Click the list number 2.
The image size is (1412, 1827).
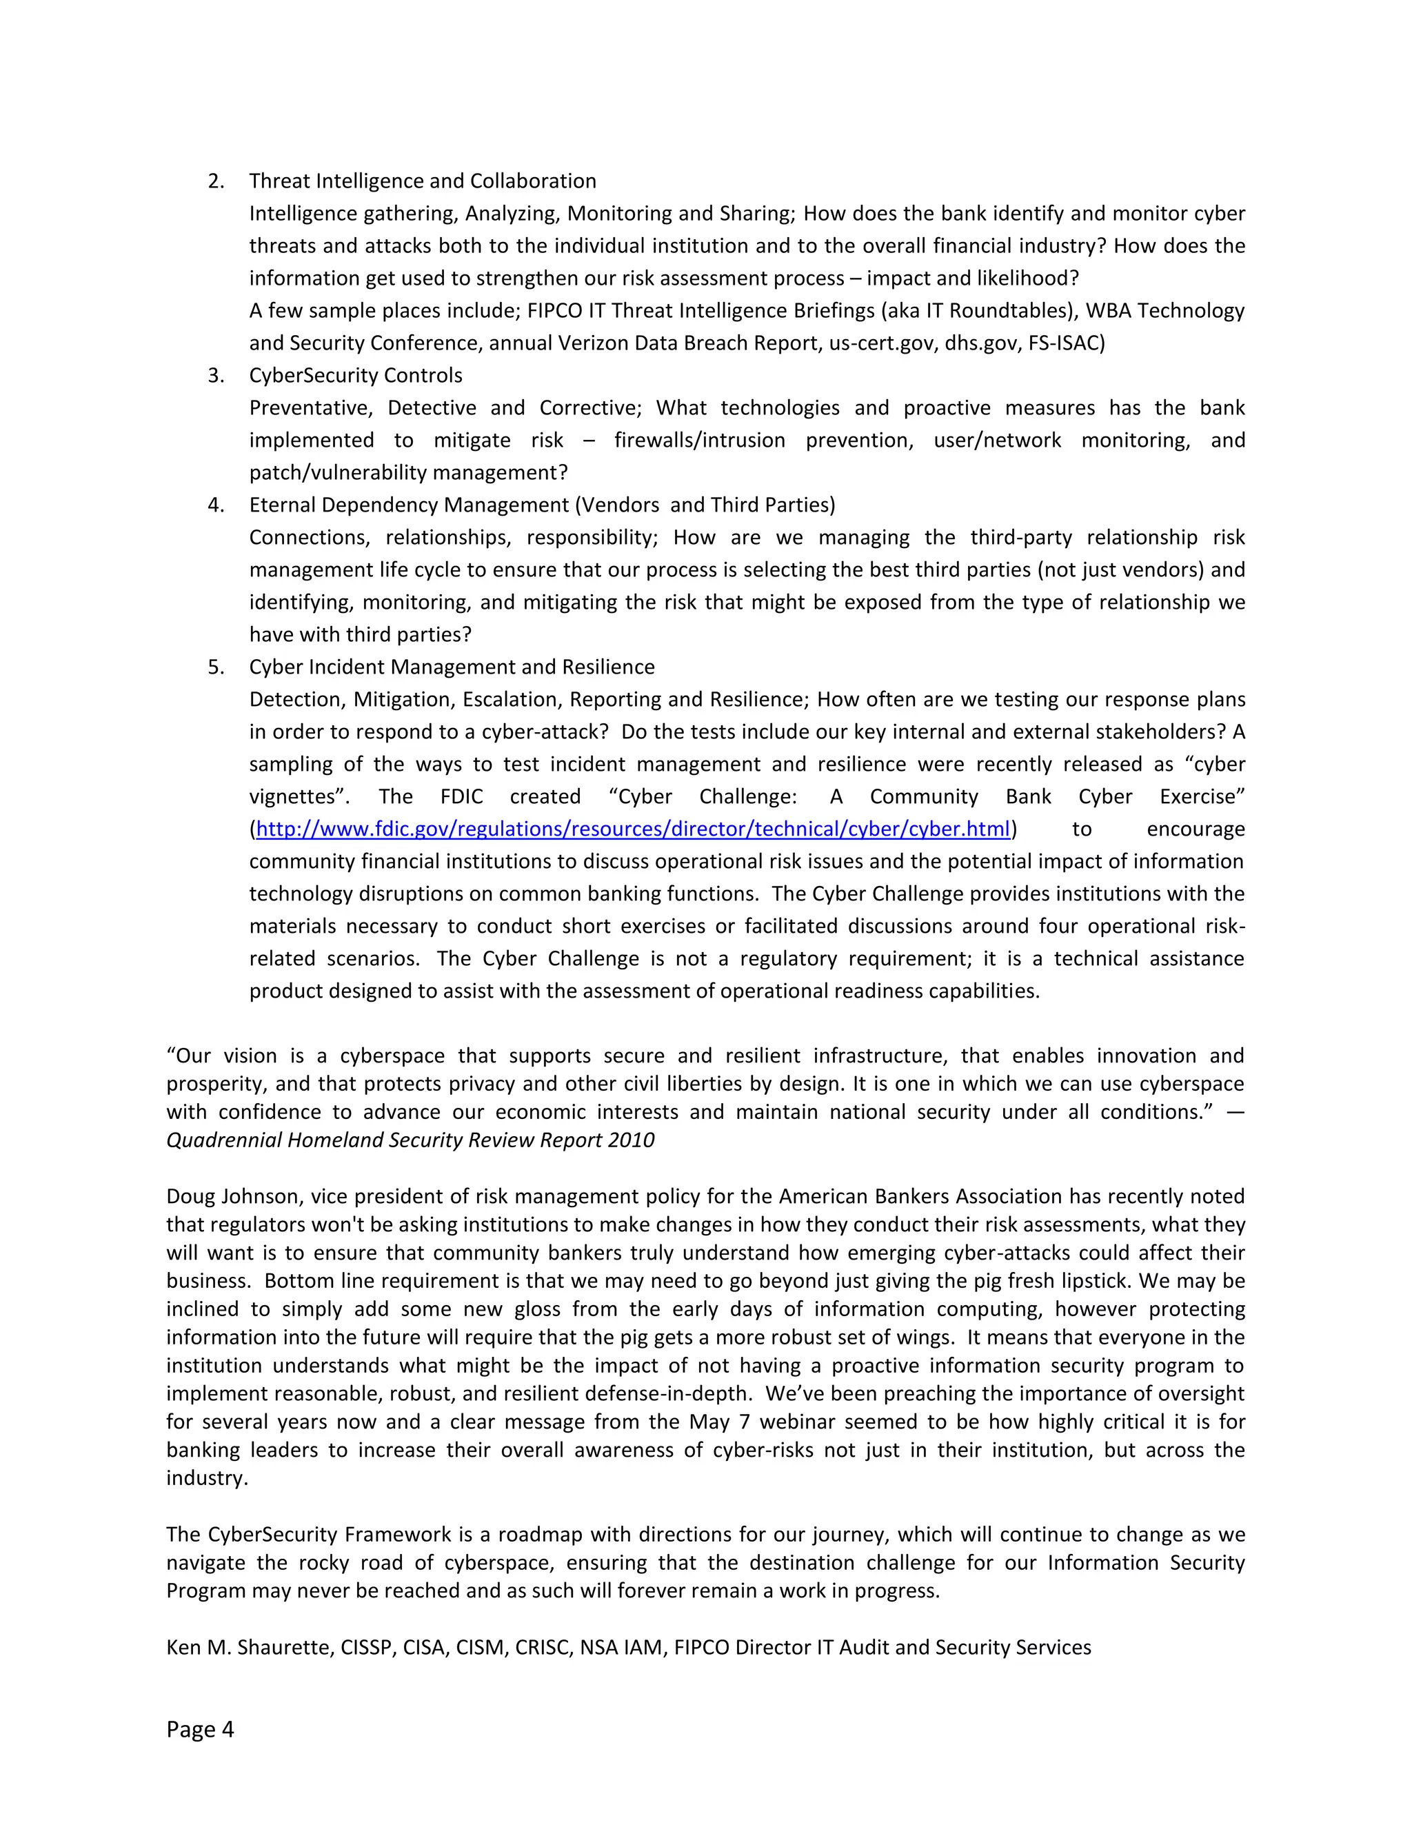coord(215,181)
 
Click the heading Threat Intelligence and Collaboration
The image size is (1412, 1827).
coord(423,181)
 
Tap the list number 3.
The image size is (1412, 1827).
coord(215,376)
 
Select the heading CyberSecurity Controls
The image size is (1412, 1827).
coord(356,376)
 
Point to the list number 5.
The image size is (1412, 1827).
coord(215,667)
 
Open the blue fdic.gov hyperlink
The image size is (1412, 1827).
coord(633,829)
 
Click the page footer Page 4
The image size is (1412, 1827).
coord(200,1729)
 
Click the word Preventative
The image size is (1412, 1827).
coord(310,408)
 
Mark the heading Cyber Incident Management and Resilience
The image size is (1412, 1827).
coord(452,667)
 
